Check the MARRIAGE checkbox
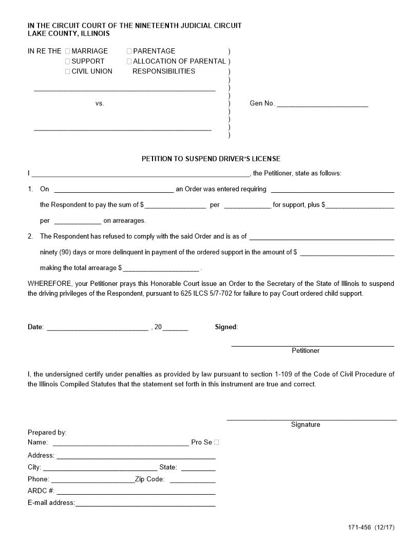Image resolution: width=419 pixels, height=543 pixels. pos(68,51)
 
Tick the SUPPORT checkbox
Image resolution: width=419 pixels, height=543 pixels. pos(68,62)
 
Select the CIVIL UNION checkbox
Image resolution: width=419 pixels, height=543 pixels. pos(68,71)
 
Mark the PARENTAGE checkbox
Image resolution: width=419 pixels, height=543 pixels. pos(129,51)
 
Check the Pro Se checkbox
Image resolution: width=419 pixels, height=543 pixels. pos(217,442)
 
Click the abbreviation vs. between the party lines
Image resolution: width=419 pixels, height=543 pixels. pos(100,103)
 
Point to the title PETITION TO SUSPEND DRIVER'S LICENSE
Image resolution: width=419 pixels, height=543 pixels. pos(211,159)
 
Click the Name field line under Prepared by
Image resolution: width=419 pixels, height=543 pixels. pos(121,443)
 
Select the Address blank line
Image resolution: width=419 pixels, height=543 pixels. pos(136,457)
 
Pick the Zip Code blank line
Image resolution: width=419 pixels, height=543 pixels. pos(193,481)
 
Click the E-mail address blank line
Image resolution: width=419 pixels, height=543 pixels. pos(146,504)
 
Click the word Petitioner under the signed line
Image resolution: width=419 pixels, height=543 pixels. pos(306,351)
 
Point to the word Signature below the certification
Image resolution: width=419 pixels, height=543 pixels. pos(306,425)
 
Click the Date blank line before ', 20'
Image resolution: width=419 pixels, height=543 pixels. pos(98,329)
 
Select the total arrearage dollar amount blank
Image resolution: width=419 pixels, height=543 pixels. pos(161,269)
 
